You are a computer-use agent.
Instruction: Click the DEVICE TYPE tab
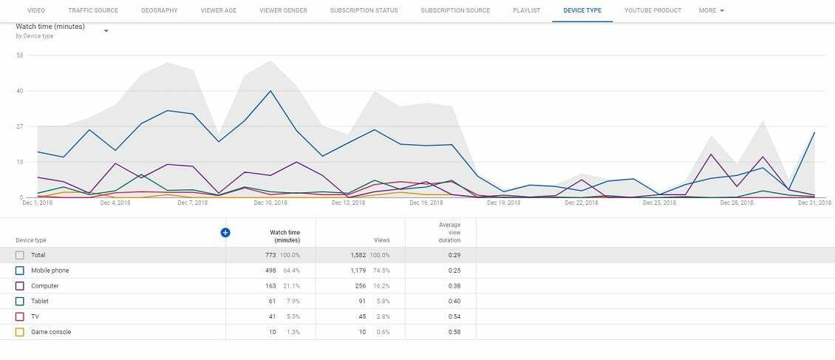pos(582,11)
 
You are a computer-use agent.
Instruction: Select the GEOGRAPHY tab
pos(159,11)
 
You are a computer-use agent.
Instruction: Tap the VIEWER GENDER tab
pos(283,11)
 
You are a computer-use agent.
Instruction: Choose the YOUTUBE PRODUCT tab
pos(652,11)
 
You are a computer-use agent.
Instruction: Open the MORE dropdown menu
pos(711,11)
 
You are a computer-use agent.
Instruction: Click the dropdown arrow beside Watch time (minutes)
pos(106,31)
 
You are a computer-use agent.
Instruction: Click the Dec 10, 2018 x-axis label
pos(270,203)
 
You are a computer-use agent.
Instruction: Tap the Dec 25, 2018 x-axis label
pos(658,203)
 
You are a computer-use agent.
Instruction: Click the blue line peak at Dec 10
pos(270,91)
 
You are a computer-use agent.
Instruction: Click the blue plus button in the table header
pos(225,232)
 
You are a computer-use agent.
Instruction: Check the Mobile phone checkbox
pos(20,271)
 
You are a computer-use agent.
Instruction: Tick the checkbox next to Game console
pos(20,332)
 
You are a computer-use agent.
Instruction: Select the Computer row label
pos(44,286)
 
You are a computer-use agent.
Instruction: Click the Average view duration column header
pos(449,232)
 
